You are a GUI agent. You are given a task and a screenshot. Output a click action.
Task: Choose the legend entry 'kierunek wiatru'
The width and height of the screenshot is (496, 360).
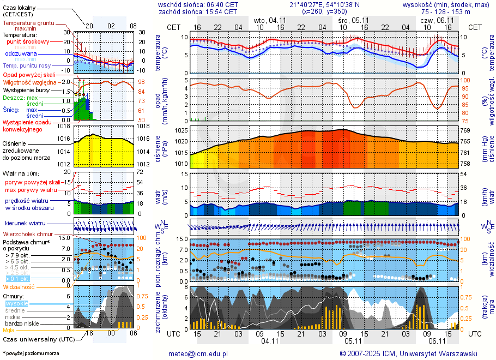25,224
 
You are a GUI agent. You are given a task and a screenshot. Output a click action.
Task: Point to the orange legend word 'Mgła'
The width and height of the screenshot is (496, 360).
9,330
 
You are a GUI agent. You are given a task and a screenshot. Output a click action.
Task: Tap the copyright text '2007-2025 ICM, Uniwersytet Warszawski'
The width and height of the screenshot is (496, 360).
413,353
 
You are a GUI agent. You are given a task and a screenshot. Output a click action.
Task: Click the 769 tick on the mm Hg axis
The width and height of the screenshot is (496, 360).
466,131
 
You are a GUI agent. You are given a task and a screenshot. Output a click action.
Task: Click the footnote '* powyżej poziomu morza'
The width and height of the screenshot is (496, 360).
30,353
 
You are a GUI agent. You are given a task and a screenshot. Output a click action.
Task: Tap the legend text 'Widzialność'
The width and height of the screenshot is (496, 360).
19,286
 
